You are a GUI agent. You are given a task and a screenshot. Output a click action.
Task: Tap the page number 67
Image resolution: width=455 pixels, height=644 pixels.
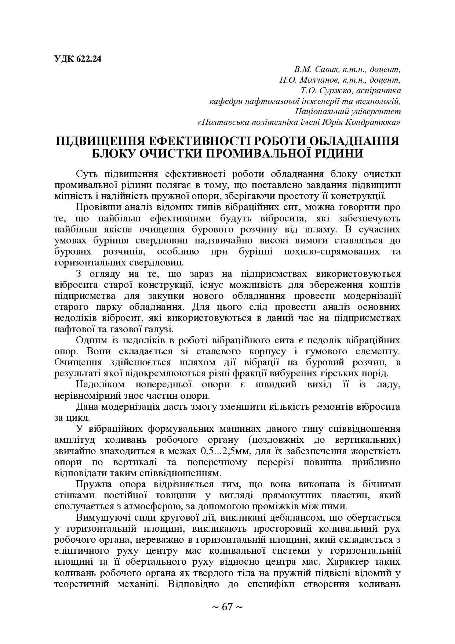coord(227,607)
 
